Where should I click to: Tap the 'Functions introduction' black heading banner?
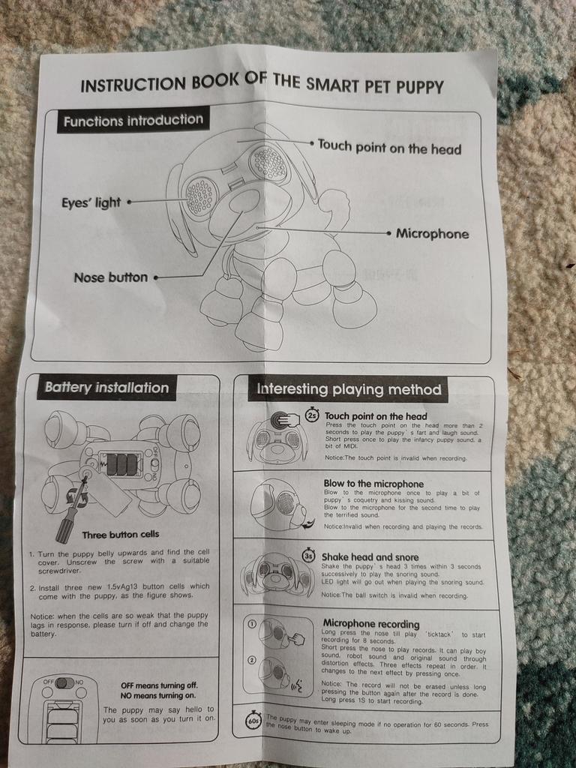tap(133, 120)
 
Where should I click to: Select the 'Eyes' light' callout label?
tap(91, 202)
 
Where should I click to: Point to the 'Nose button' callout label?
tap(111, 277)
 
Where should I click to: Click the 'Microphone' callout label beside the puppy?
tap(433, 234)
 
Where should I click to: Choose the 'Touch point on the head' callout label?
tap(390, 147)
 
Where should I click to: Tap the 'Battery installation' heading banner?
tap(106, 388)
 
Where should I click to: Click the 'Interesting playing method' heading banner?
tap(349, 389)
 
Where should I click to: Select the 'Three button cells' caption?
tap(121, 534)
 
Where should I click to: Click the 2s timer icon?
tap(312, 415)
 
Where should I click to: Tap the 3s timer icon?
tap(309, 556)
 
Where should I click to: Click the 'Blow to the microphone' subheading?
tap(373, 484)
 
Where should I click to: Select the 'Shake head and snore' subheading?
tap(370, 557)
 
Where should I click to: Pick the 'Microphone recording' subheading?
tap(371, 623)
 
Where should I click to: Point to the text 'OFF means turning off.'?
tap(159, 685)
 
